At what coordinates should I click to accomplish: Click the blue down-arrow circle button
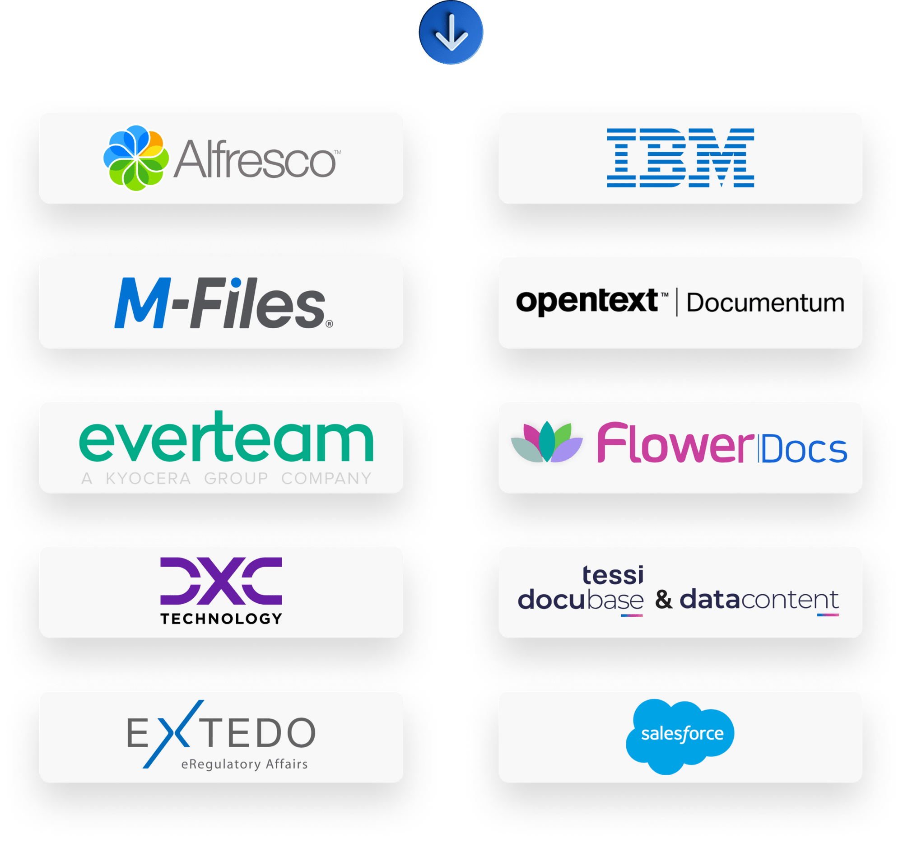[451, 32]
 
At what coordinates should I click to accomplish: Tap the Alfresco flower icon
[136, 158]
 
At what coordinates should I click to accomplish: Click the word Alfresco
[255, 159]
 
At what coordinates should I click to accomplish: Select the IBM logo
[680, 158]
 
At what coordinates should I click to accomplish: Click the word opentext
[587, 301]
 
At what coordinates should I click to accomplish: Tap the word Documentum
[765, 303]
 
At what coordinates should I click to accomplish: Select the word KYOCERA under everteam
[148, 478]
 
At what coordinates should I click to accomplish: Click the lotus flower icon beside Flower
[546, 443]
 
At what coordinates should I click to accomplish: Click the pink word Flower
[675, 444]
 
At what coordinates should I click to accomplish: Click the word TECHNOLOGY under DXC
[221, 618]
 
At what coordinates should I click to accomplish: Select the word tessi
[613, 575]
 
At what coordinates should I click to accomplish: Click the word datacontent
[759, 600]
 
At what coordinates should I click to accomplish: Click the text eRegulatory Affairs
[244, 764]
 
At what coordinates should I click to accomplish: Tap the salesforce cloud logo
[680, 736]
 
